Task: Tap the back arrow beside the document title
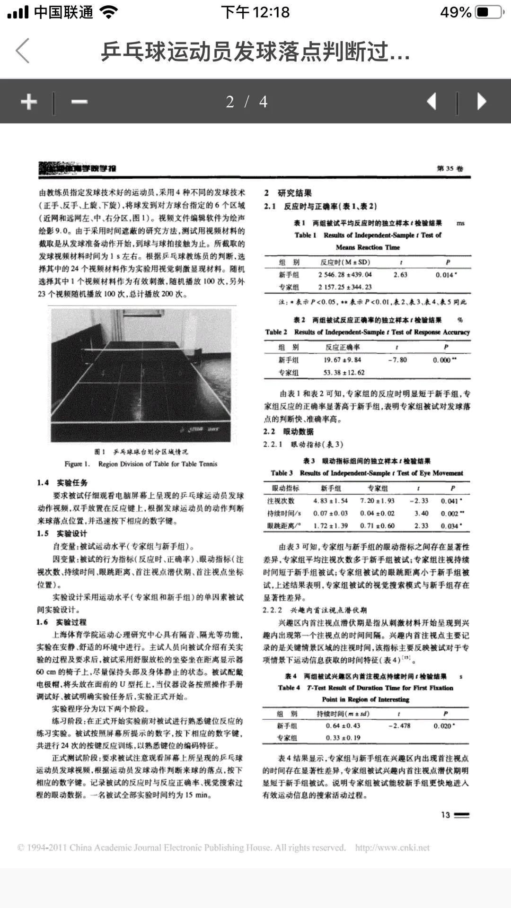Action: coord(23,51)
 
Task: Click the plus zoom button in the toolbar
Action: coord(29,101)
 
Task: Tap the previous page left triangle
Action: coord(431,101)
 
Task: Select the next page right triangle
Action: coord(482,101)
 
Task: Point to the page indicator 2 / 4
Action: coord(247,102)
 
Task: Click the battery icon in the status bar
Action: coord(488,12)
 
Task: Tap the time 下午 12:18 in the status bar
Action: coord(255,12)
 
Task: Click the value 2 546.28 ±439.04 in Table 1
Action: coord(344,275)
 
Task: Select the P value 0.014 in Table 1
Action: coord(446,275)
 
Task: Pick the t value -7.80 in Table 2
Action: coord(397,360)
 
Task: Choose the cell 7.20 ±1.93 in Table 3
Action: coord(377,501)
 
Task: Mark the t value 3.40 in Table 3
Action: coord(421,513)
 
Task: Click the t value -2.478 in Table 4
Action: coord(399,725)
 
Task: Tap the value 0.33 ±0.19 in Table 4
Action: coord(343,738)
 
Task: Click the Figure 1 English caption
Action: coord(141,464)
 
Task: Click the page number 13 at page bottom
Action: coord(445,815)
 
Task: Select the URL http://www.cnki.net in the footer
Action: coord(392,847)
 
